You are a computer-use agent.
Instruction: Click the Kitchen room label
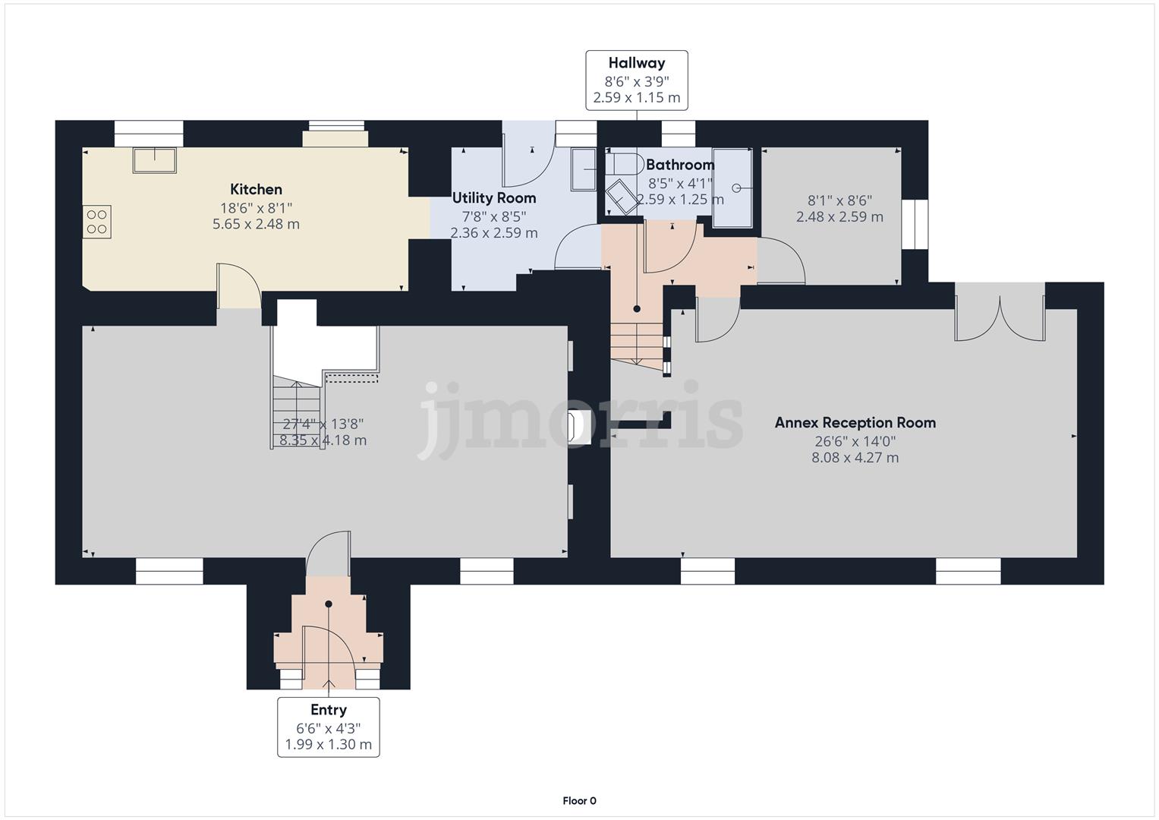coord(256,190)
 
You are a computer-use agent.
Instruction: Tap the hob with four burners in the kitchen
coord(97,222)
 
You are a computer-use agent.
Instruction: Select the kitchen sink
coord(154,160)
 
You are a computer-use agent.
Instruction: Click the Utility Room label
coord(494,198)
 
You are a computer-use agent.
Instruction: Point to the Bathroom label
coord(680,165)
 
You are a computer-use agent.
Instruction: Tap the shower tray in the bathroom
coord(734,188)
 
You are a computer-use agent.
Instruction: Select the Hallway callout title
coord(636,63)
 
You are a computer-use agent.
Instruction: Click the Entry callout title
coord(328,710)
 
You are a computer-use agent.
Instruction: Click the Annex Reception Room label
coord(855,423)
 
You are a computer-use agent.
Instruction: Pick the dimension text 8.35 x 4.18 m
coord(323,440)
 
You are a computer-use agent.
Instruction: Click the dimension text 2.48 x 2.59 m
coord(839,217)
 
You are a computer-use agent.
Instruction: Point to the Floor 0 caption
coord(579,800)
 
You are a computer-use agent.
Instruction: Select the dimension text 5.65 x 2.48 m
coord(256,225)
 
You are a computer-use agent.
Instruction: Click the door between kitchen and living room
coord(239,287)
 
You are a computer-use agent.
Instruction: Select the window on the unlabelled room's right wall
coord(915,224)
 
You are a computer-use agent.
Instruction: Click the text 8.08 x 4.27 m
coord(855,458)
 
